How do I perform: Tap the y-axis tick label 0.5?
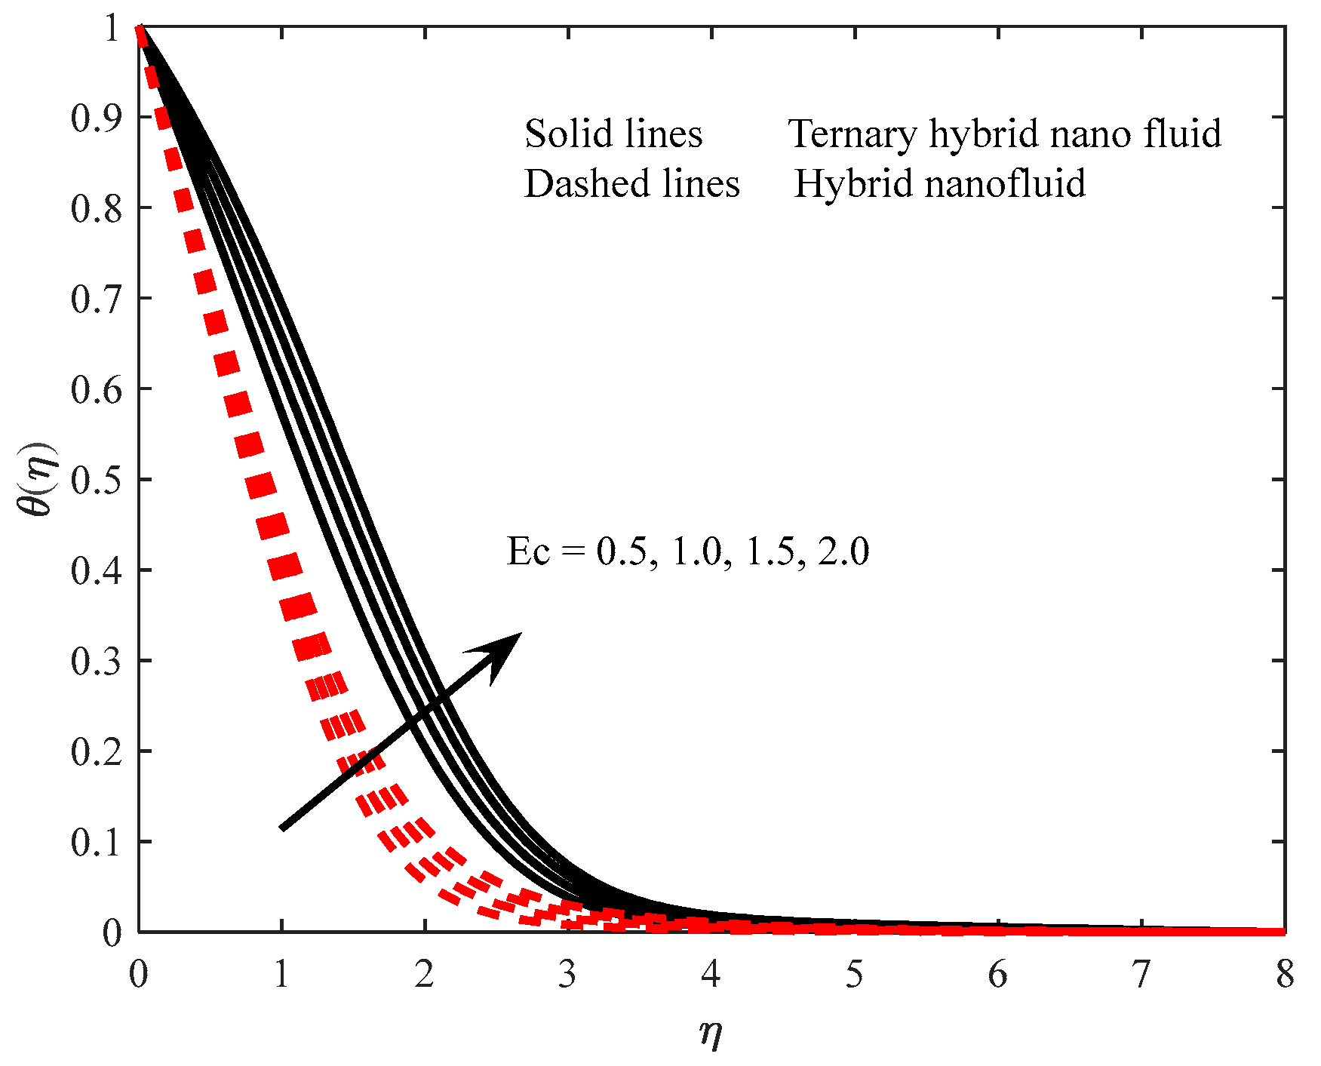click(96, 481)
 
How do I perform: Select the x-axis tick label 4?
click(711, 975)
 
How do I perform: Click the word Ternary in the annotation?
click(853, 134)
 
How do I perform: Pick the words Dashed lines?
click(632, 184)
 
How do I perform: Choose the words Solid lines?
click(613, 134)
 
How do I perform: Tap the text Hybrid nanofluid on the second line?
click(940, 184)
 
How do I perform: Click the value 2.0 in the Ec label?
click(844, 551)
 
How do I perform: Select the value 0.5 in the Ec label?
click(621, 551)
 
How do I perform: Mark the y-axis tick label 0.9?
click(96, 118)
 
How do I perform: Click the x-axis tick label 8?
click(1285, 975)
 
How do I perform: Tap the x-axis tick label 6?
click(997, 975)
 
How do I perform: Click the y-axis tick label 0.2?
click(96, 752)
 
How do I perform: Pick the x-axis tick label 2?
click(424, 975)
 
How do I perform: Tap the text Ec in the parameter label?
click(528, 551)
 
